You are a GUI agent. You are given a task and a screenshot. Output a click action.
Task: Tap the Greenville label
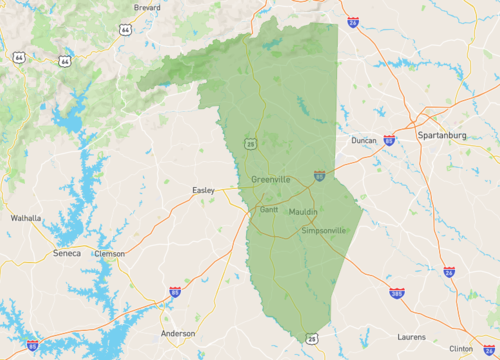pos(271,179)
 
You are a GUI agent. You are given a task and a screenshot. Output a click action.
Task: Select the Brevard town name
pos(147,6)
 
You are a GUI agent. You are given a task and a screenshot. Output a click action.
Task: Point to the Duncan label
pos(364,141)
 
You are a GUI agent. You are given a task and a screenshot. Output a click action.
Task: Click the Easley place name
pos(204,189)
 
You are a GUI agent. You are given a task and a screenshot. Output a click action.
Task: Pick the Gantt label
pos(269,210)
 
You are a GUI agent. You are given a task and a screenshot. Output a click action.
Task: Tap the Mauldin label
pos(303,212)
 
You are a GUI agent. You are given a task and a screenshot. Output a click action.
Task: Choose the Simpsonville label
pos(324,230)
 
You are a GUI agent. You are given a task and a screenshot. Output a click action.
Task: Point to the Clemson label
pos(109,253)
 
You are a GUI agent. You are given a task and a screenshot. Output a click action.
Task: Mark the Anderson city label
pos(178,333)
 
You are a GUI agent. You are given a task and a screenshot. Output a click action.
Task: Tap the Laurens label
pos(411,337)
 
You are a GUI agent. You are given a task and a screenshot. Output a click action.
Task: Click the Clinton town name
pos(461,348)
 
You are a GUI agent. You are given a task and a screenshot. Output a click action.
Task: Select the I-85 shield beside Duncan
pos(388,141)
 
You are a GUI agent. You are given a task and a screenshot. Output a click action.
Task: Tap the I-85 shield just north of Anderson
pos(175,292)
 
